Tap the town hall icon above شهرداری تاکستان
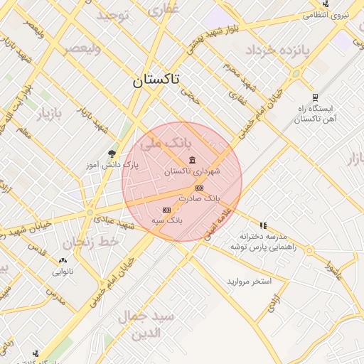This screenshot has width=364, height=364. click(x=192, y=161)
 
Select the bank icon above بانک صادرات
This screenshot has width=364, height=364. click(x=199, y=187)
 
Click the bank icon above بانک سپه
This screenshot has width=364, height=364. click(x=166, y=210)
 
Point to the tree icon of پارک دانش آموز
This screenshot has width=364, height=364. click(x=111, y=153)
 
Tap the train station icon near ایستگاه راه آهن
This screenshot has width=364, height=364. click(x=315, y=97)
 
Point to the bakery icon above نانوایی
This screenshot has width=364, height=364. click(x=63, y=261)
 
